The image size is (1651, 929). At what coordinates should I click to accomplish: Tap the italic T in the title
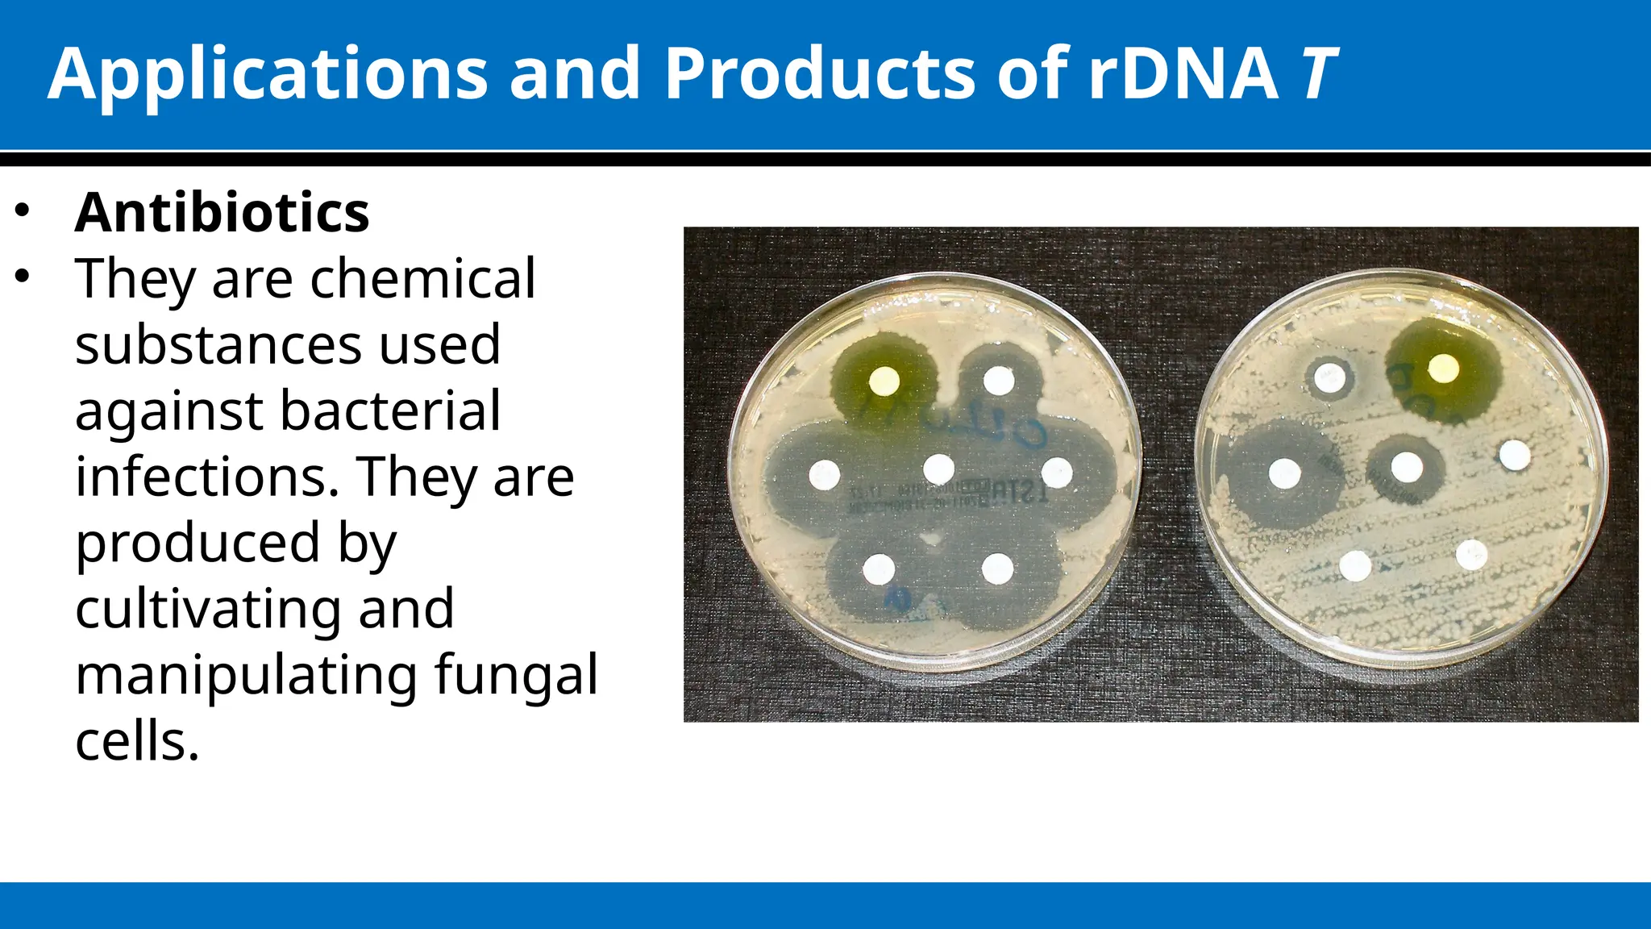1319,74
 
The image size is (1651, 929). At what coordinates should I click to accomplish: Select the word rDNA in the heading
1183,74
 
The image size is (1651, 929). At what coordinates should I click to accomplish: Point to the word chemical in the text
422,278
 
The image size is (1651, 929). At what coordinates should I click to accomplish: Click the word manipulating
246,675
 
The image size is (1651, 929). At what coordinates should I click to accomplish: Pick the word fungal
516,675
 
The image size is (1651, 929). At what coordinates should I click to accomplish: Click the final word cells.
137,741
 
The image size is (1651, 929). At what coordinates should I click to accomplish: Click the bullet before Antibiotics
22,211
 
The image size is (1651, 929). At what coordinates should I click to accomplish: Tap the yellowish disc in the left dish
884,380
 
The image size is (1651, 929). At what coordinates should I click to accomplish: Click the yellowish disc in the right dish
1443,369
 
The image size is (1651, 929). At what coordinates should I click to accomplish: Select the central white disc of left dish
938,469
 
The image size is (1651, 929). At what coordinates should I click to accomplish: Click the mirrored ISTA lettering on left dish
1019,489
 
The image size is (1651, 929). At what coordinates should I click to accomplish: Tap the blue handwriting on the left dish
1008,428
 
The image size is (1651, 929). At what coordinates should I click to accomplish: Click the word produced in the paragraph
198,543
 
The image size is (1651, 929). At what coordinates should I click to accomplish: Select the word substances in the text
218,344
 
